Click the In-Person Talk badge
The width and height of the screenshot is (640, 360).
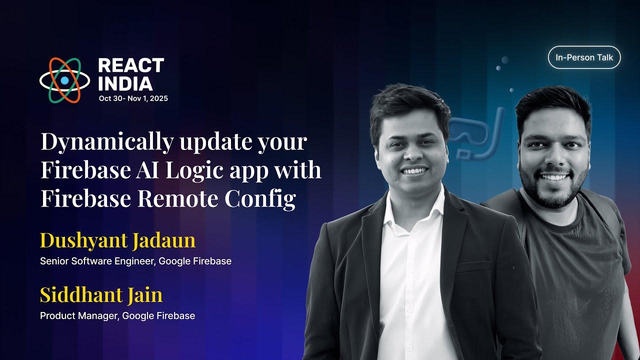(x=584, y=57)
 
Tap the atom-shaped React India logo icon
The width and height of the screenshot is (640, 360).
(x=64, y=80)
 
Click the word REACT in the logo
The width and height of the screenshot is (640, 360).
(x=131, y=65)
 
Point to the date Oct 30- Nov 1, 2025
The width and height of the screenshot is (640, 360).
(x=133, y=98)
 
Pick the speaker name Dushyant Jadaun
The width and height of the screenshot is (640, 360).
(x=117, y=240)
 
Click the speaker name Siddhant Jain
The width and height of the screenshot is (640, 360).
(x=101, y=295)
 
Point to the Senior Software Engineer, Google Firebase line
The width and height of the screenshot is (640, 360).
(x=135, y=261)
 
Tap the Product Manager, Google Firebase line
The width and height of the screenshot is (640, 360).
(x=117, y=315)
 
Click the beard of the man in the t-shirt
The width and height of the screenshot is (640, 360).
(x=552, y=192)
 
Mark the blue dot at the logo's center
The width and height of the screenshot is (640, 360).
(x=64, y=80)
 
